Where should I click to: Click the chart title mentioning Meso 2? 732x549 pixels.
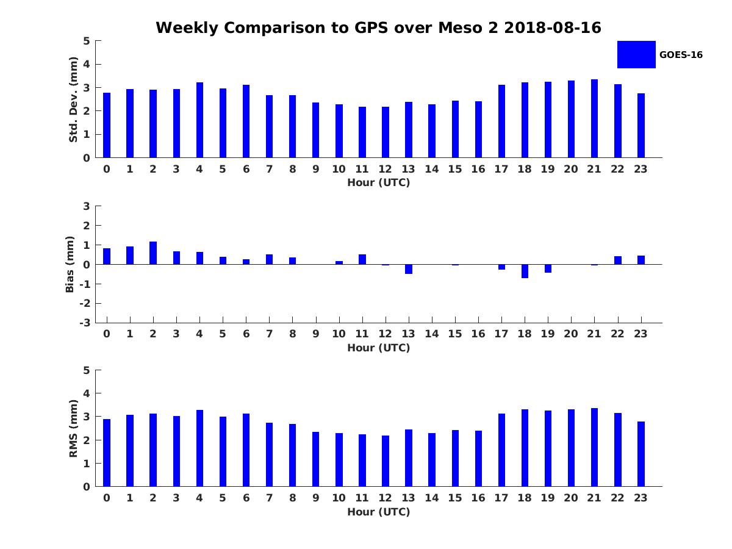[x=378, y=28]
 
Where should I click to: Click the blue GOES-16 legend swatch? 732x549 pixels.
[x=636, y=54]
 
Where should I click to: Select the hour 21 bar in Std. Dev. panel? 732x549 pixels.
[x=594, y=118]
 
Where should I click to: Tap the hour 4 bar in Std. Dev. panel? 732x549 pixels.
[x=199, y=120]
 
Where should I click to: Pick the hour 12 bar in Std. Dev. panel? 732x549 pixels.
[x=386, y=132]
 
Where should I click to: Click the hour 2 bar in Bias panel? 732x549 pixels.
[x=153, y=253]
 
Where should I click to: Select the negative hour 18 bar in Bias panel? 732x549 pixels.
[x=525, y=271]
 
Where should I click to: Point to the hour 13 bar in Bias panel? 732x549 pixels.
[x=409, y=269]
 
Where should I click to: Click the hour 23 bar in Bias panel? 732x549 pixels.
[x=641, y=260]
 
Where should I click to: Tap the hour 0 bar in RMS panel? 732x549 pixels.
[x=107, y=453]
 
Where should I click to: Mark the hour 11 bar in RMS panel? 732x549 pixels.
[x=362, y=461]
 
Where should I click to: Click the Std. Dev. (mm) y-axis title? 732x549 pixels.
[x=73, y=99]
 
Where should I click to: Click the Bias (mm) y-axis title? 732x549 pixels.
[x=71, y=264]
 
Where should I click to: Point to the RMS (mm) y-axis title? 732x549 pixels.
[x=73, y=428]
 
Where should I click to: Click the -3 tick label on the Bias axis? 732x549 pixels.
[x=86, y=323]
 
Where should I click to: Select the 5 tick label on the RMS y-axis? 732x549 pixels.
[x=87, y=370]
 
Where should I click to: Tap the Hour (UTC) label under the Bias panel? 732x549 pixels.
[x=378, y=348]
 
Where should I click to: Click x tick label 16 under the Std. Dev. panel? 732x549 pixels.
[x=478, y=170]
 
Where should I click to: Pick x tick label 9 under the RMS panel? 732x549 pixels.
[x=316, y=498]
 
